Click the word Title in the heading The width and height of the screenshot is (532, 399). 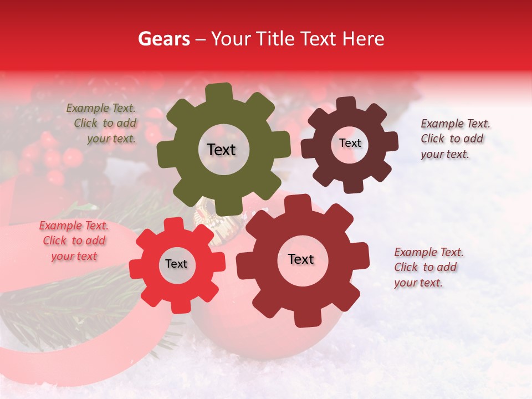[x=275, y=39]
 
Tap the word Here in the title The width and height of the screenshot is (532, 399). [x=362, y=39]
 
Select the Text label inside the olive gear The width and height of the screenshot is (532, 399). [x=221, y=150]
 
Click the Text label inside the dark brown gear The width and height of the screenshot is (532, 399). [x=350, y=143]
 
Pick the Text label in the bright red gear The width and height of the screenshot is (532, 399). [x=176, y=264]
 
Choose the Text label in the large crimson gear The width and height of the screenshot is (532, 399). [x=301, y=259]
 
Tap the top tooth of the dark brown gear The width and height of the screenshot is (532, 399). [x=346, y=103]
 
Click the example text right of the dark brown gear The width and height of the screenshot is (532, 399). [x=455, y=139]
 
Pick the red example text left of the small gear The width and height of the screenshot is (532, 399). [x=74, y=241]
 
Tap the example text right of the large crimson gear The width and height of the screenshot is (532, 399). [x=428, y=267]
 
